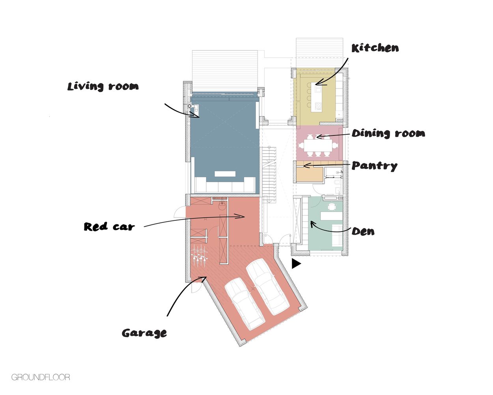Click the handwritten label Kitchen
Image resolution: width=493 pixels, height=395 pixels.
(375, 48)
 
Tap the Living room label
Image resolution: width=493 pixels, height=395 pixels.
(103, 87)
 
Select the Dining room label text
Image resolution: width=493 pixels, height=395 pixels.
(388, 134)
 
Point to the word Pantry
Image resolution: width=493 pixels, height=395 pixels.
(375, 166)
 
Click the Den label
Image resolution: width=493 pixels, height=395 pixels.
(363, 231)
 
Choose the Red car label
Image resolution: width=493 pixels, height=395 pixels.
(109, 227)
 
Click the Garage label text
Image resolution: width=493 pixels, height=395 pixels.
(144, 333)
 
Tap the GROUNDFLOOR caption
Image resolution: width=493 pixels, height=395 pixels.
(41, 377)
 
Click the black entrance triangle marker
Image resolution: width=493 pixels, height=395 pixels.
(296, 264)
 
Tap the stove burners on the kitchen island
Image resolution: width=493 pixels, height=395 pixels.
(318, 105)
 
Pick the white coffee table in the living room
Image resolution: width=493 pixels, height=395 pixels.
(225, 174)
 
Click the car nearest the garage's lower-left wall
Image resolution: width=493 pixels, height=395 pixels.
(245, 304)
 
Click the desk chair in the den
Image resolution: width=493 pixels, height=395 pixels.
(331, 206)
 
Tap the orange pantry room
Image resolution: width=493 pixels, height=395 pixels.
(310, 175)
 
